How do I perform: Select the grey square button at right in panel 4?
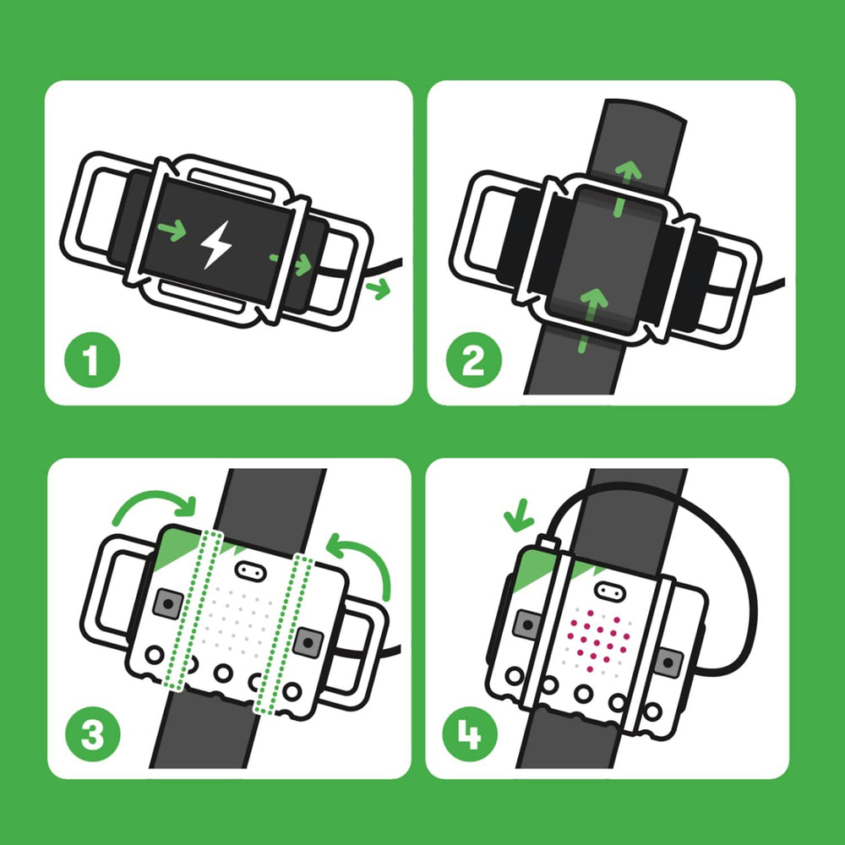(x=669, y=662)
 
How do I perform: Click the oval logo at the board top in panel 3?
(x=248, y=570)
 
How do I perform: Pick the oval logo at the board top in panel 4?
(x=608, y=588)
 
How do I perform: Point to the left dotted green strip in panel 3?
(x=197, y=608)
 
